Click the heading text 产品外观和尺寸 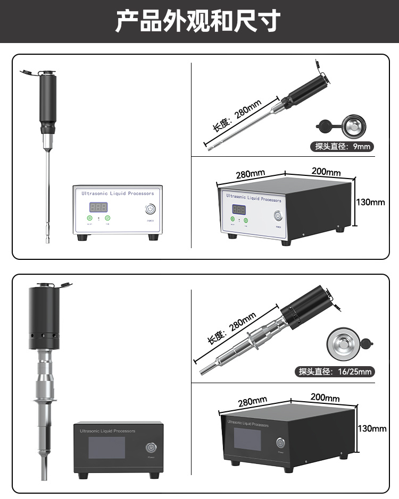click(x=198, y=21)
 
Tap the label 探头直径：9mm click(x=343, y=146)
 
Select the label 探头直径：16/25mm click(x=335, y=371)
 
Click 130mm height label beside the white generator click(x=370, y=202)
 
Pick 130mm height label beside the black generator click(x=372, y=428)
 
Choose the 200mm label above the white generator click(x=326, y=172)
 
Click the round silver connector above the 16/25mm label click(x=343, y=341)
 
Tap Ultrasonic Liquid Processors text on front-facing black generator click(x=107, y=431)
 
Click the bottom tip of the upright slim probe click(x=47, y=240)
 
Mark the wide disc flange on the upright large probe click(x=46, y=400)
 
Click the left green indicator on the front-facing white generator click(x=89, y=218)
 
